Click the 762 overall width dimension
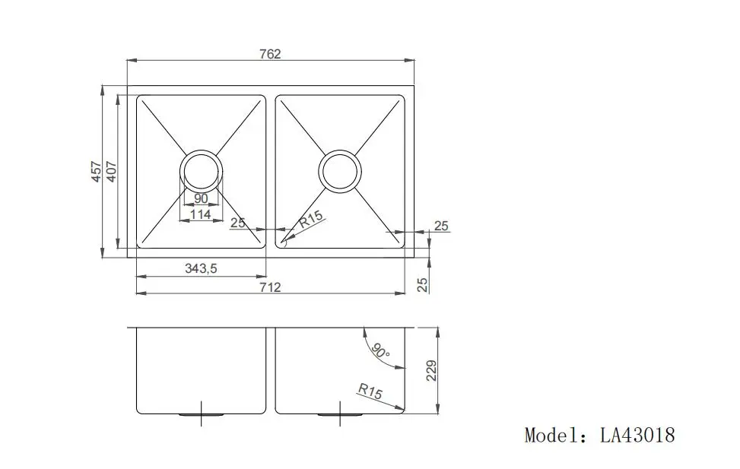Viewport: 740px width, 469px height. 270,54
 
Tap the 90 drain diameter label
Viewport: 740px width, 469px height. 201,199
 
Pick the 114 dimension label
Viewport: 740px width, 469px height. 201,214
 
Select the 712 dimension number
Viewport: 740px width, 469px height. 270,287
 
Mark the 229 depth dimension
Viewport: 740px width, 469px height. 432,372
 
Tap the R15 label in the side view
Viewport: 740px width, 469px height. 370,391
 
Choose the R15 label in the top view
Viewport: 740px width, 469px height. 311,221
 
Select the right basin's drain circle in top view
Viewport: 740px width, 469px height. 340,171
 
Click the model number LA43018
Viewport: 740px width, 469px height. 637,436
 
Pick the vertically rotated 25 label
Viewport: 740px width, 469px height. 423,285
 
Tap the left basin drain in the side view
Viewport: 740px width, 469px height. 201,414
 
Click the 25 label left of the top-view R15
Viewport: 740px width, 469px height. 238,223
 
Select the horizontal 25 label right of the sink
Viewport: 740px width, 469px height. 441,226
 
